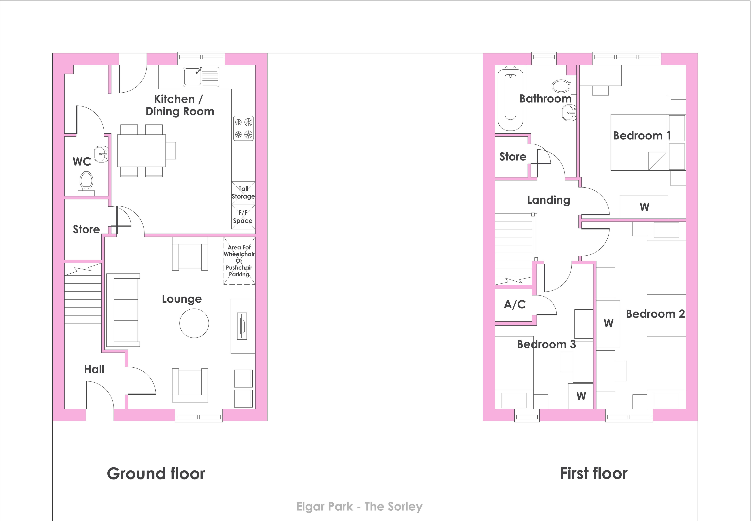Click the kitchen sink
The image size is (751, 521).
[x=201, y=77]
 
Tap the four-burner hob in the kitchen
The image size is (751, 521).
[x=243, y=128]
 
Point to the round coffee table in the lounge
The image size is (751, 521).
[x=194, y=323]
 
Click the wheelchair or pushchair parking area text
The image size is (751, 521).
[x=239, y=261]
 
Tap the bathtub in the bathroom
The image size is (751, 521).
[x=510, y=98]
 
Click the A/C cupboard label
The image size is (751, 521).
[x=515, y=305]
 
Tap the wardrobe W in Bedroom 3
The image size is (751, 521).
[x=581, y=396]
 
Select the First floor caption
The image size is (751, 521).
[x=593, y=473]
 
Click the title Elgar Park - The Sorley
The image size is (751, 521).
[x=359, y=507]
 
